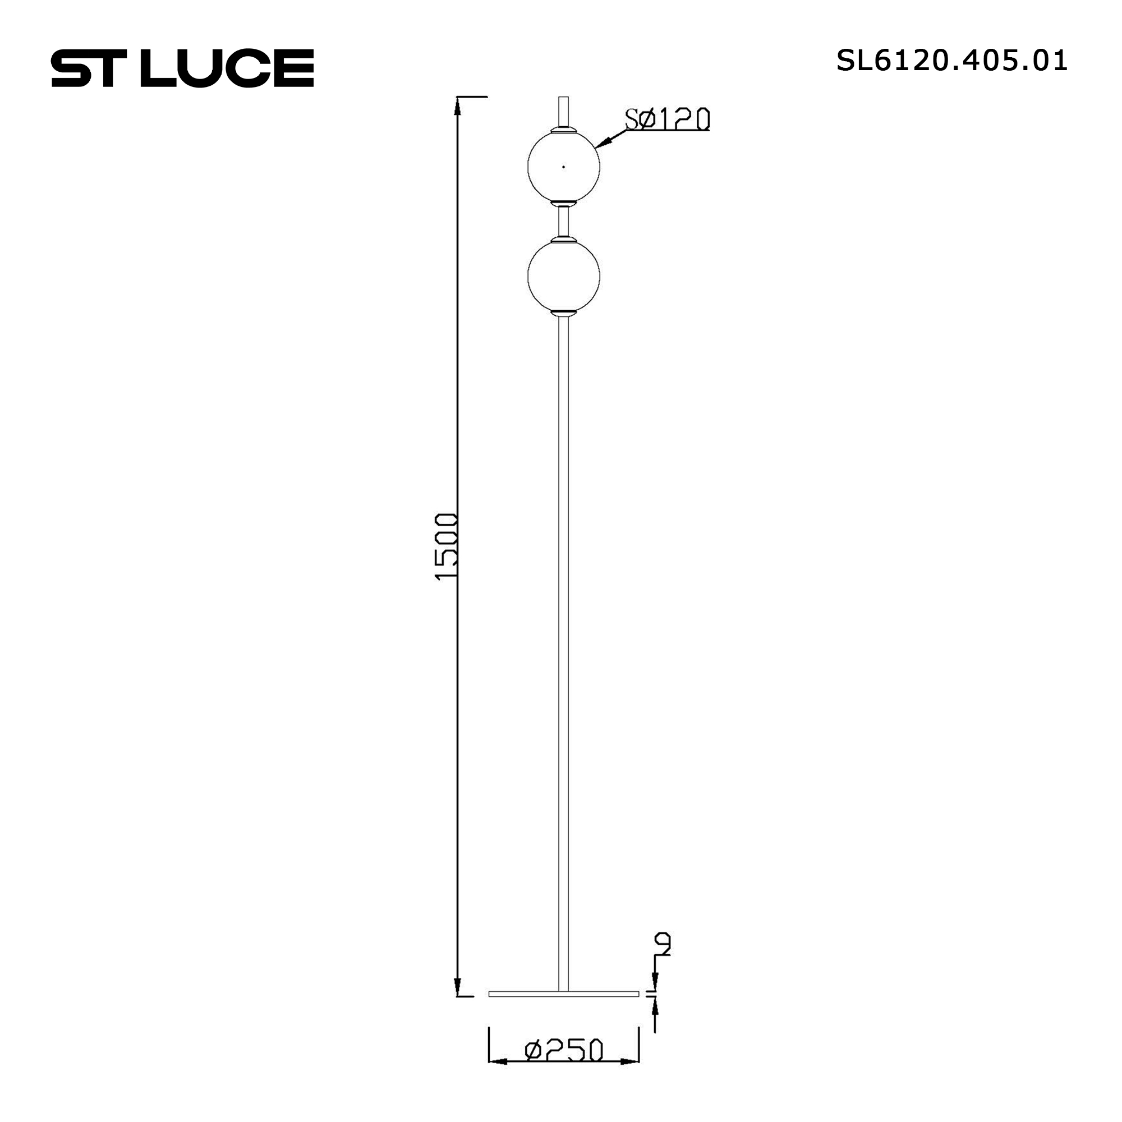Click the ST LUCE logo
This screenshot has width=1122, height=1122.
(x=182, y=68)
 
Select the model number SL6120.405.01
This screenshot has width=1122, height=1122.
(x=951, y=61)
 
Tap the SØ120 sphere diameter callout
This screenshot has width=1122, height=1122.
(x=667, y=119)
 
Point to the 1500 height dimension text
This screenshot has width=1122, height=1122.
(x=447, y=546)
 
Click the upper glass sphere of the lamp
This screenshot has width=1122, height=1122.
(x=563, y=167)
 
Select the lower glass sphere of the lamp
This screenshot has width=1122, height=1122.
(x=563, y=277)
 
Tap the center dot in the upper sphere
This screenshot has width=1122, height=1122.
(x=563, y=167)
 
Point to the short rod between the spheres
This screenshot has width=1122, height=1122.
(x=563, y=220)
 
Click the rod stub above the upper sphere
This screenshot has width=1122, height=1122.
(x=563, y=111)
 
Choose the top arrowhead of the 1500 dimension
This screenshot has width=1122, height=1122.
(x=458, y=105)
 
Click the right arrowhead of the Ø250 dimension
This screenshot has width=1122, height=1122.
(x=629, y=1078)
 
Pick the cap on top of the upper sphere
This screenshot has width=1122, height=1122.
(x=563, y=129)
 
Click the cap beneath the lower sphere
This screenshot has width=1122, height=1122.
(x=563, y=314)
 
